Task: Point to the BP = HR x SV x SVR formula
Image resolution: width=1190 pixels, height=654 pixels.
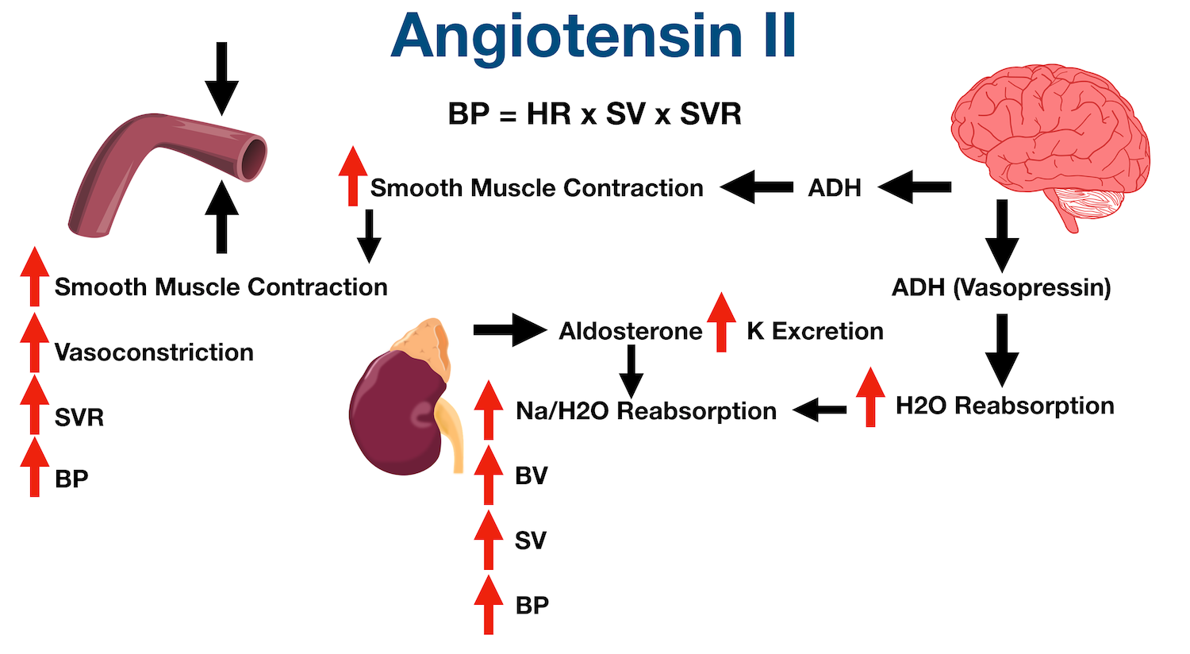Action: click(594, 113)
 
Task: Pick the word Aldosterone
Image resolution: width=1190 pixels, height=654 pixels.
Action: click(631, 331)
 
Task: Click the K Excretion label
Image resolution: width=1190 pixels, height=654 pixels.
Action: click(815, 331)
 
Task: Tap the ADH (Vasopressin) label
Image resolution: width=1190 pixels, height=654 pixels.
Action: click(1001, 287)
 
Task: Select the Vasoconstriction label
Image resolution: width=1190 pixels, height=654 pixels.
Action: click(154, 352)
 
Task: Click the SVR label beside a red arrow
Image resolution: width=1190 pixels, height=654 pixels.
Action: click(79, 417)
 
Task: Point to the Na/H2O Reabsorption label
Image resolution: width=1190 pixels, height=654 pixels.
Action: click(646, 411)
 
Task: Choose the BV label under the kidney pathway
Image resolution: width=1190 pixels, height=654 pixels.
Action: click(532, 476)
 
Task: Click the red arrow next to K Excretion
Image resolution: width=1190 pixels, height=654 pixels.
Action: click(721, 322)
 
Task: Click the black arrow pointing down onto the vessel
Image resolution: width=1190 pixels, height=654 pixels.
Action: click(221, 78)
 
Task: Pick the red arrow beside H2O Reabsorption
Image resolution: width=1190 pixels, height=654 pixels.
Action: click(870, 397)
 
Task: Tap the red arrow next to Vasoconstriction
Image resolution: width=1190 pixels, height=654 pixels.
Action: click(34, 343)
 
